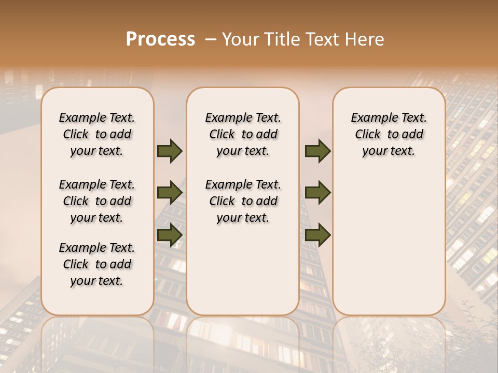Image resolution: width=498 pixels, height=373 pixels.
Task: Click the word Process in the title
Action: click(x=160, y=39)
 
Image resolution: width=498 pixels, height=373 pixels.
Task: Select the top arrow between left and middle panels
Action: click(x=170, y=151)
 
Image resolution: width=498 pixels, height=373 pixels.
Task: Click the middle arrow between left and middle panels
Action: click(x=170, y=193)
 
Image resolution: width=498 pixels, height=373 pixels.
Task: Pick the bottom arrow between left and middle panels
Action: click(x=170, y=235)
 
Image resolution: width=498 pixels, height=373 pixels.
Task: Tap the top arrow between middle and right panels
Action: click(x=317, y=151)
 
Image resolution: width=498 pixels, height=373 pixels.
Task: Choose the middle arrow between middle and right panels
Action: click(x=317, y=193)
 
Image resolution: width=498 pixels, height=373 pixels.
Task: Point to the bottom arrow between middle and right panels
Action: click(x=317, y=235)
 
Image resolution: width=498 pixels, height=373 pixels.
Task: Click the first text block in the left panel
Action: click(x=97, y=134)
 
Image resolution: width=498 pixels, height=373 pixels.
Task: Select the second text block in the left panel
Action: click(x=97, y=201)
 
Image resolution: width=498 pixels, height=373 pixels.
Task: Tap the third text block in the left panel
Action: click(x=97, y=264)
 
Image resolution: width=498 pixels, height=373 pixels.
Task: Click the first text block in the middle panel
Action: click(x=243, y=134)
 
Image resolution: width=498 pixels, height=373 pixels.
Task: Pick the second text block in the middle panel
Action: click(x=243, y=201)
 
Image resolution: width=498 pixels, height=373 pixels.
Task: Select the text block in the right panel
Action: click(x=389, y=134)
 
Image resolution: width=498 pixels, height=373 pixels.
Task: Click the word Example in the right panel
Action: click(x=371, y=118)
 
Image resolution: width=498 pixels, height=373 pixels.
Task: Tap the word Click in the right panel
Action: click(x=368, y=134)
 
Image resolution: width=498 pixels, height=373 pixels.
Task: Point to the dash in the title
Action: click(x=210, y=39)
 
